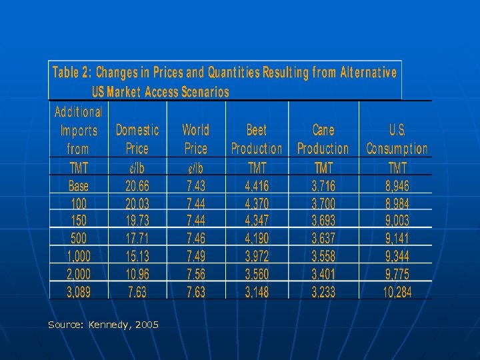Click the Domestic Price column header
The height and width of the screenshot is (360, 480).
click(x=137, y=139)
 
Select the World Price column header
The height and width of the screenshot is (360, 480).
click(x=195, y=139)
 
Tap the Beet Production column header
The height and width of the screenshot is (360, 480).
click(x=257, y=139)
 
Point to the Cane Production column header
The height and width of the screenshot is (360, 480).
click(x=323, y=139)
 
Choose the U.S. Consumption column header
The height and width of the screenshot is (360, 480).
click(x=397, y=139)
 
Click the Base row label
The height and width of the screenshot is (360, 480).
click(x=78, y=186)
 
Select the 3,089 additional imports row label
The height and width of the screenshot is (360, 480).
click(x=78, y=291)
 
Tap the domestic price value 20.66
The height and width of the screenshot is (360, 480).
click(x=137, y=186)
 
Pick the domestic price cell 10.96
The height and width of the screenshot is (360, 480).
click(x=137, y=273)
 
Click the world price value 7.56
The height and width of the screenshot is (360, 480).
click(x=196, y=273)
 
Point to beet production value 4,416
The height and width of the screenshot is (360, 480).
click(x=257, y=186)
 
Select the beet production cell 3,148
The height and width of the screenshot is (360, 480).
click(x=257, y=291)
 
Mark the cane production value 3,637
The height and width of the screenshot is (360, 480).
click(x=323, y=238)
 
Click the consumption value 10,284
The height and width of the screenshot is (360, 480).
click(x=397, y=291)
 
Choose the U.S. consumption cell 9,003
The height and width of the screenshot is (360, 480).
click(x=397, y=221)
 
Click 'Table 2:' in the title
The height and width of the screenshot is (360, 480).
click(x=73, y=72)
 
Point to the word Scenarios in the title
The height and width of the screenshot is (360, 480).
click(x=204, y=91)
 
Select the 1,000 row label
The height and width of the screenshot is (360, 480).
click(x=78, y=256)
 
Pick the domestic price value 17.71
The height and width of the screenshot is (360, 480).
click(x=137, y=238)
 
